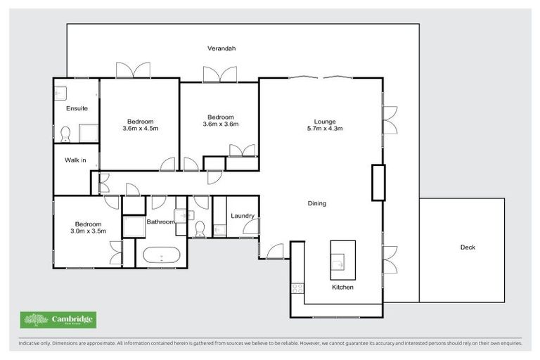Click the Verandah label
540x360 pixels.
click(x=221, y=49)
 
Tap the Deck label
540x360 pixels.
click(x=468, y=247)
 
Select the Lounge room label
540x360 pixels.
click(x=325, y=120)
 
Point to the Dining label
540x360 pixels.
click(x=317, y=203)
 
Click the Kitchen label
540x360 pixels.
click(x=342, y=288)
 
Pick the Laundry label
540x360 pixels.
click(x=242, y=216)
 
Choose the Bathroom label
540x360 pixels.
click(x=160, y=222)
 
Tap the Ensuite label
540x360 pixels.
click(x=77, y=108)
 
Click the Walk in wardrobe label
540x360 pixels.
click(x=75, y=160)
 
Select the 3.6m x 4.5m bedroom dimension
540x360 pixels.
click(x=141, y=129)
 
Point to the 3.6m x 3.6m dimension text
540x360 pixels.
click(x=221, y=124)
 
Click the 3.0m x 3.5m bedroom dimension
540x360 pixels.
click(x=88, y=230)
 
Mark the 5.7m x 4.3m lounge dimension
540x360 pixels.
click(x=325, y=129)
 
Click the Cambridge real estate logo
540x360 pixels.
click(x=58, y=321)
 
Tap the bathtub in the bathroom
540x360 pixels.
click(x=161, y=255)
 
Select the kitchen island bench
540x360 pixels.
click(x=342, y=259)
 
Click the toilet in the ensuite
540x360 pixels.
click(x=65, y=133)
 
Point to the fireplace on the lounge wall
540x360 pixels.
click(x=378, y=183)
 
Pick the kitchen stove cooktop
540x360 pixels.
click(x=297, y=288)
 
